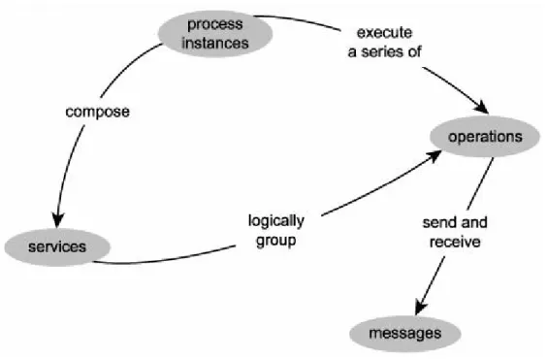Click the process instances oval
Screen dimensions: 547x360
tap(215, 34)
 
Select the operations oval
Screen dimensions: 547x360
tap(485, 137)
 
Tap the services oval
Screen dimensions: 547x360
tap(57, 247)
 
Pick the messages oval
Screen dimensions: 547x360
tap(405, 334)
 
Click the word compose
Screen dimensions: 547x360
tap(98, 113)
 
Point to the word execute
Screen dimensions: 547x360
tap(384, 33)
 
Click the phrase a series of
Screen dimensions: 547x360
tap(384, 52)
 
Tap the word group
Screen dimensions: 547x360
tap(276, 242)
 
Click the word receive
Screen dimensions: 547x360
tap(455, 242)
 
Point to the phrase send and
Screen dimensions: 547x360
tap(455, 222)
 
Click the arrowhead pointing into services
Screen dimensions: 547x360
tap(57, 220)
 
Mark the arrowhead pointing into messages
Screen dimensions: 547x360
tap(421, 307)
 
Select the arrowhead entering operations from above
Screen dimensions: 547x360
tap(482, 107)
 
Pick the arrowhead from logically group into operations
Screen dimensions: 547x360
tap(434, 156)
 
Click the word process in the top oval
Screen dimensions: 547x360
tap(215, 25)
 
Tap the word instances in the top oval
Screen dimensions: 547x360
tap(215, 44)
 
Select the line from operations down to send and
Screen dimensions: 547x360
tap(480, 183)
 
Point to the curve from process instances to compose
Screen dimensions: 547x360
tap(127, 66)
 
